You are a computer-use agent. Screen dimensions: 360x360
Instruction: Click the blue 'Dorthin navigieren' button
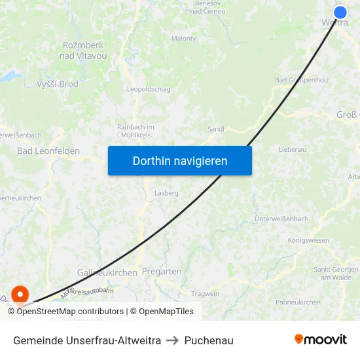click(180, 160)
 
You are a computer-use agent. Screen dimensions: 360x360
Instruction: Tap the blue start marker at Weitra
click(340, 12)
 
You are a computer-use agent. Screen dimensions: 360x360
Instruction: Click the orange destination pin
click(20, 295)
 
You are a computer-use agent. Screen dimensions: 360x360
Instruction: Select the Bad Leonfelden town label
click(48, 151)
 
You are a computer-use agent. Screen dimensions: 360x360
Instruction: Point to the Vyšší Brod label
click(57, 84)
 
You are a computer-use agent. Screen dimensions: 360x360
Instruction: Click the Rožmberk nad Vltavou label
click(83, 50)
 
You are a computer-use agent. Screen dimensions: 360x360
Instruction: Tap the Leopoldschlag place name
click(148, 89)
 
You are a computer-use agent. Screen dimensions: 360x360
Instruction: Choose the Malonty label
click(184, 39)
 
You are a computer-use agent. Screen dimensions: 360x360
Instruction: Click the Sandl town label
click(215, 130)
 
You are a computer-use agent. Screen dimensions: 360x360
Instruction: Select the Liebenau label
click(293, 150)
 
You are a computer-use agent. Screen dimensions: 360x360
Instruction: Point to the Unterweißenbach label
click(281, 219)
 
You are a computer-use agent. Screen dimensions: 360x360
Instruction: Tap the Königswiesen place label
click(308, 240)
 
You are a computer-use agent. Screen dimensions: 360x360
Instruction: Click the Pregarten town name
click(162, 272)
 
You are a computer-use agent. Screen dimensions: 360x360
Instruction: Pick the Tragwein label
click(205, 294)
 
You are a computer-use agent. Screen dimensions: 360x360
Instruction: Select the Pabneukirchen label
click(298, 302)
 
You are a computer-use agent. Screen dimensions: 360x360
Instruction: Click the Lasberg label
click(166, 194)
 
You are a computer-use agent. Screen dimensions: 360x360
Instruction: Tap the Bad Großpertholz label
click(301, 81)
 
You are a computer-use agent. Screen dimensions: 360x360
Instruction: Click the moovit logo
click(321, 339)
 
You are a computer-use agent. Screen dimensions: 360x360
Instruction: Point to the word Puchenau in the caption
click(209, 340)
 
